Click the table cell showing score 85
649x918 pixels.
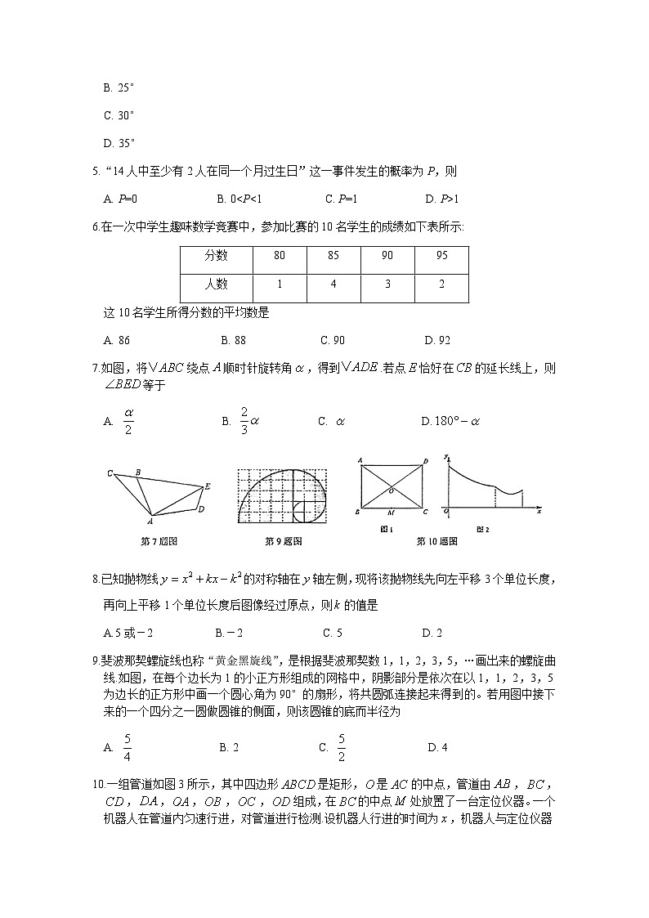333,256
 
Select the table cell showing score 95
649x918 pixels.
441,256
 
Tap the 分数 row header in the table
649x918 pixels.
217,256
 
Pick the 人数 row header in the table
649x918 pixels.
217,284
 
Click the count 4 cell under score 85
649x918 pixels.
333,284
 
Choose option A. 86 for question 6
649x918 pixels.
118,340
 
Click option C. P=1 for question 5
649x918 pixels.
341,199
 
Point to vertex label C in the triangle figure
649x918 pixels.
109,473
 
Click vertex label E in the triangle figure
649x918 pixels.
208,486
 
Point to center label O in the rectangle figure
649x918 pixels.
391,490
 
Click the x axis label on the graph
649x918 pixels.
539,511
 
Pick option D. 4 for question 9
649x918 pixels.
437,746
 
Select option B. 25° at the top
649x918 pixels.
119,87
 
